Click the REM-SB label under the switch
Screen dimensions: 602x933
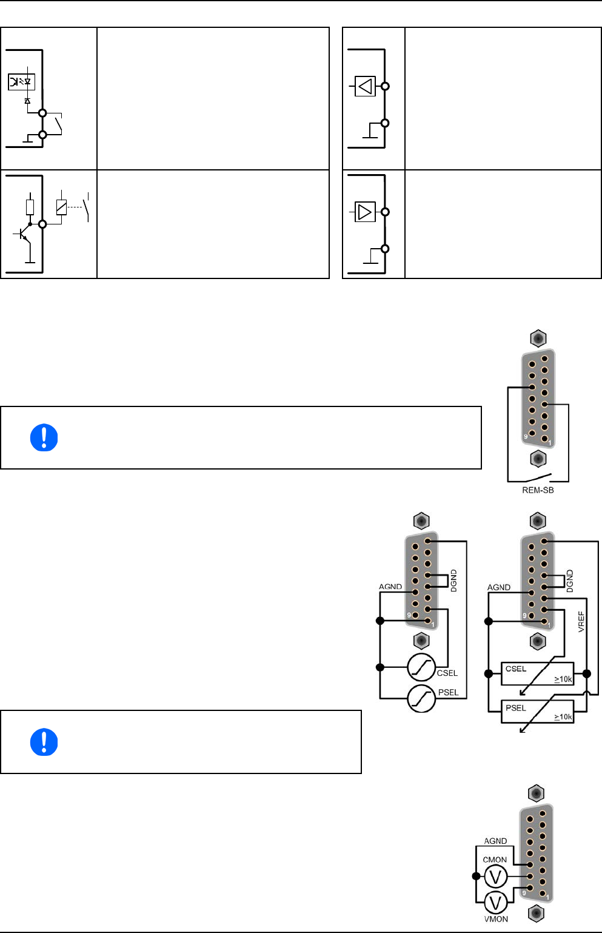pos(538,490)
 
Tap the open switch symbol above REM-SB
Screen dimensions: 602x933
pos(538,477)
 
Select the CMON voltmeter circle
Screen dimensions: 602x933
pos(495,877)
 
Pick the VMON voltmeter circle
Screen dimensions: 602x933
pos(495,903)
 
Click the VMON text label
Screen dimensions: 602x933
pos(496,919)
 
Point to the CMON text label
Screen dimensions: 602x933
pos(495,860)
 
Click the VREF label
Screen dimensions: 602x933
pos(581,622)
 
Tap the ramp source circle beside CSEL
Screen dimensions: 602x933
pos(421,667)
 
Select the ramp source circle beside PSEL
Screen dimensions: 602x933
pos(421,698)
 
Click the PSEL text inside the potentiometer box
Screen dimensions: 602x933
pos(516,708)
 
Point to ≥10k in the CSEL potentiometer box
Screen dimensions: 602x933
pos(563,679)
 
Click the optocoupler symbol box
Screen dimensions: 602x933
pos(22,82)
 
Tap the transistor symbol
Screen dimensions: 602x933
pos(24,235)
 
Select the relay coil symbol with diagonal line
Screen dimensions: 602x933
pos(61,207)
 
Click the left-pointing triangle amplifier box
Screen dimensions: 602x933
pos(365,86)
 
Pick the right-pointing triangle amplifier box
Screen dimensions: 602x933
pos(365,212)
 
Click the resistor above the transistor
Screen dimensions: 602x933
pos(30,207)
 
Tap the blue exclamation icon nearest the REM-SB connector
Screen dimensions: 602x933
pos(44,437)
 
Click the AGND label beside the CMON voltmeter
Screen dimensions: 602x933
pos(495,841)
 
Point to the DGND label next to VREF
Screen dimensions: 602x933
pos(569,581)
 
